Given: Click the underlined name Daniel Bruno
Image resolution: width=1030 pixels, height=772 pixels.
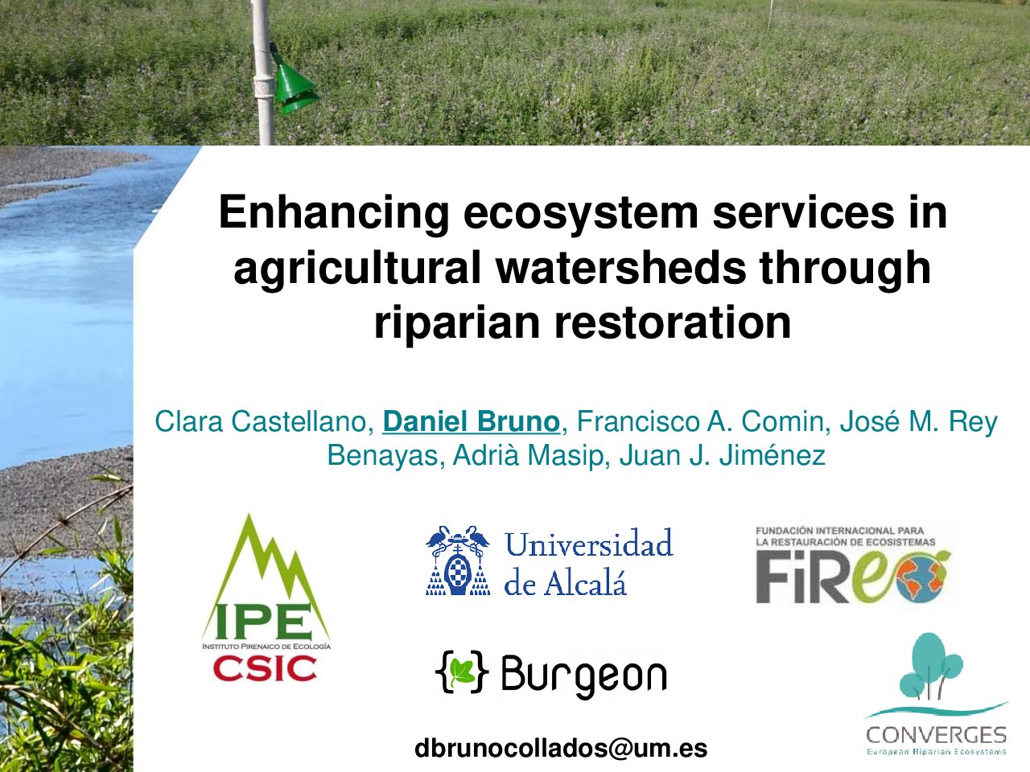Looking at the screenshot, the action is pos(471,421).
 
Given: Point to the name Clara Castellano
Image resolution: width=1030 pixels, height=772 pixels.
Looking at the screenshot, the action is pos(264,421).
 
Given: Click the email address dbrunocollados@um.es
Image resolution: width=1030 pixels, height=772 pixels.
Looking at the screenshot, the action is pos(561,748).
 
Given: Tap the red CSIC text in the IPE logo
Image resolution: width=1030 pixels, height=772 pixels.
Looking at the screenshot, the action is pos(265,668).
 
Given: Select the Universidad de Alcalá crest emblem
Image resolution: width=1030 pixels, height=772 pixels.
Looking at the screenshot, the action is pos(458,561).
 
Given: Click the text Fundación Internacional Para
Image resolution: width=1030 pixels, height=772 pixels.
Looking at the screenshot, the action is pos(840,531).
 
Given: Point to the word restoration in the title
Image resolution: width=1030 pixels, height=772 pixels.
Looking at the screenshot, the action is pos(674,324).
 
